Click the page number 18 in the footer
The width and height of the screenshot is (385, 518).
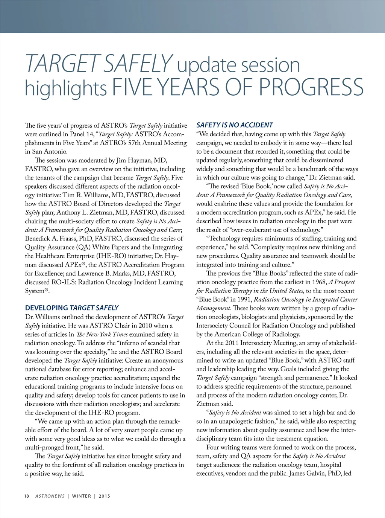[x=27, y=496]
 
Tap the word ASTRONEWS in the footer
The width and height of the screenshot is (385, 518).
[x=50, y=496]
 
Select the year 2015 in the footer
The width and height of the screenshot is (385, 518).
[x=105, y=496]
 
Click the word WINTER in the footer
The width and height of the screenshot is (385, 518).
[x=82, y=496]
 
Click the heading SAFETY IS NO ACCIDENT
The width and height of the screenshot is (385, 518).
[x=235, y=125]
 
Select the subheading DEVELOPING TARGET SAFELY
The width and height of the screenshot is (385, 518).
[x=72, y=308]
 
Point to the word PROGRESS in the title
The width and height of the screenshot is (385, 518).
[x=311, y=87]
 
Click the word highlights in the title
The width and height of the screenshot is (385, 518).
[x=66, y=88]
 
